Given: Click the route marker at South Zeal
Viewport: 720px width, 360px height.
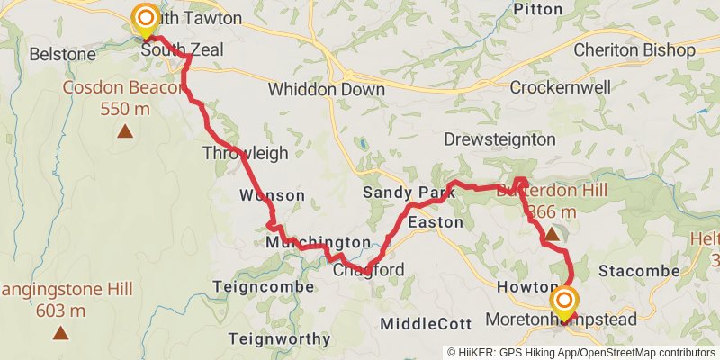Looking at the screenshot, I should pyautogui.click(x=144, y=19).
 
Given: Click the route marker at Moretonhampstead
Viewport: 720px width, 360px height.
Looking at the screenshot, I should pyautogui.click(x=564, y=301).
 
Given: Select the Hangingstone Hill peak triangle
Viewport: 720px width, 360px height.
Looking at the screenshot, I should pyautogui.click(x=60, y=333).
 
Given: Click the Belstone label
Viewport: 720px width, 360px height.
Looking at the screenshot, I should pyautogui.click(x=62, y=54).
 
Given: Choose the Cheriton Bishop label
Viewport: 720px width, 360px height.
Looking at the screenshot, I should pyautogui.click(x=634, y=49).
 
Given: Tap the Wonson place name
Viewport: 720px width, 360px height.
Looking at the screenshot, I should pyautogui.click(x=272, y=195).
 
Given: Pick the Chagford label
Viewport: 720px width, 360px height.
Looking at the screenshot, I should pyautogui.click(x=369, y=270).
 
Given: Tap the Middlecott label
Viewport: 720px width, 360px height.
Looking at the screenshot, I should pyautogui.click(x=425, y=323).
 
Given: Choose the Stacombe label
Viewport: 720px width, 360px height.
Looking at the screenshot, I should pyautogui.click(x=638, y=271).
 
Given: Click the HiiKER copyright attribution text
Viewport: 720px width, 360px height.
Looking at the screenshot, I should pyautogui.click(x=582, y=352).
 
